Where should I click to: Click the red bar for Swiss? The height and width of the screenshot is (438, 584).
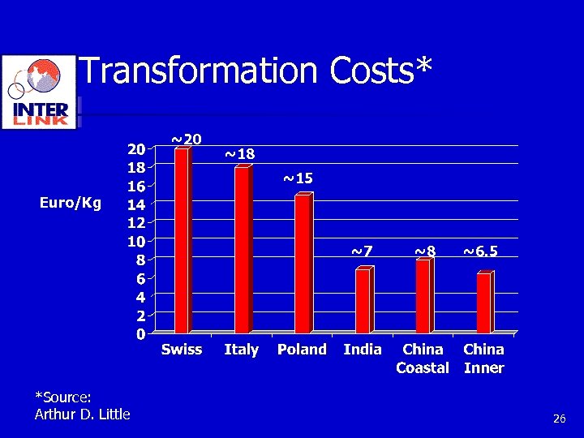tap(182, 241)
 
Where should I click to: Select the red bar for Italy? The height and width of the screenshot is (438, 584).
tap(242, 250)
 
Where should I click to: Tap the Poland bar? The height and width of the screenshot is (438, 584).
tap(302, 264)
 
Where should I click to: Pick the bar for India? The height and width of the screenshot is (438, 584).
tap(363, 300)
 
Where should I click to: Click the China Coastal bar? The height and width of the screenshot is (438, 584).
tap(423, 296)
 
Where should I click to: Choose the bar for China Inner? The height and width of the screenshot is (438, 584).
tap(483, 303)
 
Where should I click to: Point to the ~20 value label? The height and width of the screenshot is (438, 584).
tap(186, 140)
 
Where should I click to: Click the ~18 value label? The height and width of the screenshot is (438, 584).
tap(239, 153)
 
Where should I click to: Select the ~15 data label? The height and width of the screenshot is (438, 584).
tap(298, 178)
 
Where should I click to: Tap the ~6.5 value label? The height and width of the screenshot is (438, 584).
tap(480, 251)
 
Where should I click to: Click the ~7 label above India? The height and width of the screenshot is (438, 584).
tap(362, 251)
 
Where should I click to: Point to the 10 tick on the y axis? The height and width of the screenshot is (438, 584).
tap(135, 241)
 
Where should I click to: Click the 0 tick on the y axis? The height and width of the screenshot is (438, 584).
tap(140, 333)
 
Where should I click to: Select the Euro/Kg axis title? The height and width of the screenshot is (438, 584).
tap(71, 203)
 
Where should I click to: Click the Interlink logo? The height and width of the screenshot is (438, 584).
tap(40, 92)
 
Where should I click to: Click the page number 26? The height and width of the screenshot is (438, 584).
tap(559, 419)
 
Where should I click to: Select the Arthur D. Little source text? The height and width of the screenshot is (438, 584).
tap(82, 414)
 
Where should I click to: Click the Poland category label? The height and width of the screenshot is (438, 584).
tap(302, 350)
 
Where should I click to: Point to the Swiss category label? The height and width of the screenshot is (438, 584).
tap(182, 350)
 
